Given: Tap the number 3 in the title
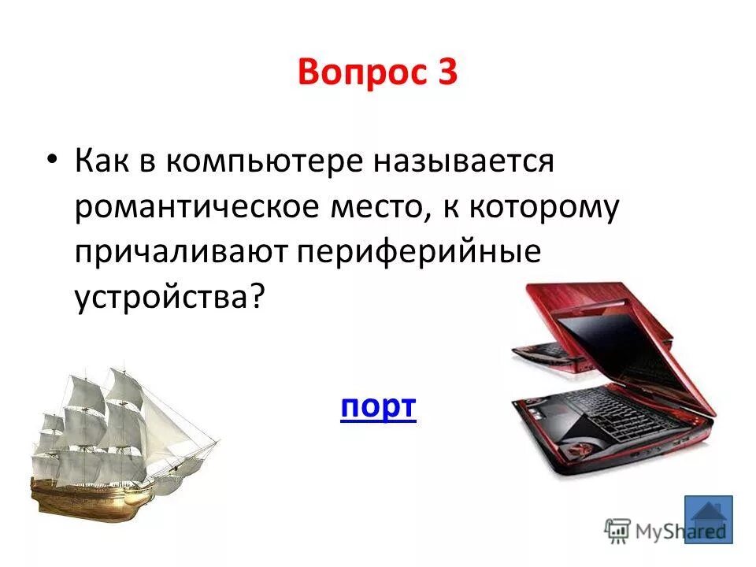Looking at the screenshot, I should (x=445, y=75).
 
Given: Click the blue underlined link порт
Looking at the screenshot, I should (x=378, y=408).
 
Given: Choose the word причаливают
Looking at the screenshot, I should (x=183, y=253).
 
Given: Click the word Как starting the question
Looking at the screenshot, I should (x=106, y=163).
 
